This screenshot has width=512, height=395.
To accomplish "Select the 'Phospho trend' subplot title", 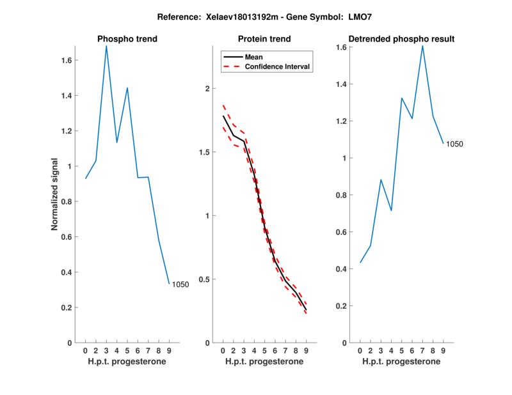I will [x=127, y=39].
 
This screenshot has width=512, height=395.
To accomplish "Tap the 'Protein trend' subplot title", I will [x=264, y=39].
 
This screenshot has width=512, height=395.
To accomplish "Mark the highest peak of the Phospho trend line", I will [x=106, y=45].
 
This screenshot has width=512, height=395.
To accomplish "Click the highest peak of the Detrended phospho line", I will [x=422, y=45].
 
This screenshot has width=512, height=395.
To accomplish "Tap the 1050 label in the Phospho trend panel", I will [x=180, y=284].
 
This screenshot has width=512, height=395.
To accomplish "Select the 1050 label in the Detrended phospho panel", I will [x=454, y=144].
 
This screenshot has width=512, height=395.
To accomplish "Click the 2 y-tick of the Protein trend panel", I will [x=207, y=89].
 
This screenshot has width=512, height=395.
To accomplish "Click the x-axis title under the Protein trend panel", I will [x=264, y=362].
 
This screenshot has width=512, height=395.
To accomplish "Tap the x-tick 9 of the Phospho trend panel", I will [x=169, y=351].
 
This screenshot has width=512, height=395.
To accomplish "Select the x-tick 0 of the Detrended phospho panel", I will [x=360, y=351].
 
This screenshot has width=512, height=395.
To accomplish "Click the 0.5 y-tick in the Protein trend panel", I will [x=204, y=279].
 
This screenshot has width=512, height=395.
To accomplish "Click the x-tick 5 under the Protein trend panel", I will [x=264, y=351].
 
